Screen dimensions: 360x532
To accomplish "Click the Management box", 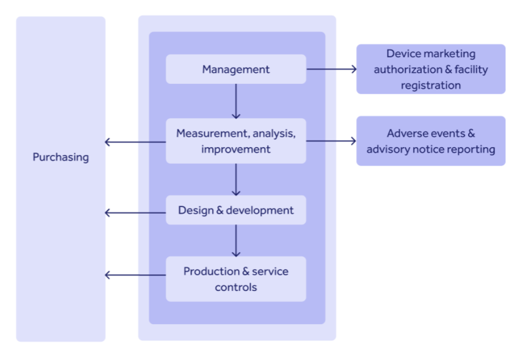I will coord(236,69).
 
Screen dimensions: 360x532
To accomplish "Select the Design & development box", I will coord(236,210).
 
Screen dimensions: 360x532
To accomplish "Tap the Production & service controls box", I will coord(236,279).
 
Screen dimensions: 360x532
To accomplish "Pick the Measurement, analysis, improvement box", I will coord(236,141).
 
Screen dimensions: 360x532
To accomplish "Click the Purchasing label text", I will coord(61,157).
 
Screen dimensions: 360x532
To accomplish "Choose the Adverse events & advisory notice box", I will coord(431,141).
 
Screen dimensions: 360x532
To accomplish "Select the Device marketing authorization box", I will coord(431,69).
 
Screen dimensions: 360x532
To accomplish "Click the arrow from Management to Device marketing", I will coord(331,69).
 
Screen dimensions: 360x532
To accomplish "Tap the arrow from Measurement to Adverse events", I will coord(331,141).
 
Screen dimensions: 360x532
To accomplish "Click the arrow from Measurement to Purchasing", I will coord(136,141).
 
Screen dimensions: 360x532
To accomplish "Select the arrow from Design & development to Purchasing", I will coord(136,213).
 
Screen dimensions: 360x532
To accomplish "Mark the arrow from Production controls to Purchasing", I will coord(136,275).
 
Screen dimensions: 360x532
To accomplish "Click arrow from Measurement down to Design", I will coord(236,179).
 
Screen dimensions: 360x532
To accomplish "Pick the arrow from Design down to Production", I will coord(236,240).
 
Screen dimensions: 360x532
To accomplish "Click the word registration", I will coord(431,86).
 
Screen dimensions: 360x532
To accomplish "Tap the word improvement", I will coord(236,149).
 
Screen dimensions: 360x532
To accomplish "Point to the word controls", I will coord(236,288).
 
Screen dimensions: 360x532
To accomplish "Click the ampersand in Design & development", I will coord(220,211).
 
